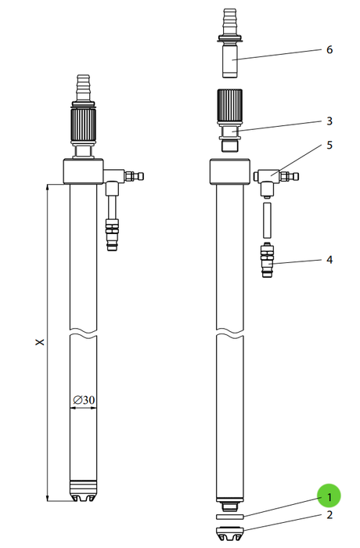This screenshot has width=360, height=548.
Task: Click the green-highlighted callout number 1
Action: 329,496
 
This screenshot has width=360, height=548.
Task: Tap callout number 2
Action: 329,515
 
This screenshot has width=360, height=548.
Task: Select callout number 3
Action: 329,121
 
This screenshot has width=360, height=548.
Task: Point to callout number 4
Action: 329,260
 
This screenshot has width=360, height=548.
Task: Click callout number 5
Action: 329,145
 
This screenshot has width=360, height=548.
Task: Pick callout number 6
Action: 329,49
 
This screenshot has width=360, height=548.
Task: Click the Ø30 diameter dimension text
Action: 84,399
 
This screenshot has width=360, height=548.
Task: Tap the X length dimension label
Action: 40,341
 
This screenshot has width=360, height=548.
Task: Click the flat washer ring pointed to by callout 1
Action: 229,517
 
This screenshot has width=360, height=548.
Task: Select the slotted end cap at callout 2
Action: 229,533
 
